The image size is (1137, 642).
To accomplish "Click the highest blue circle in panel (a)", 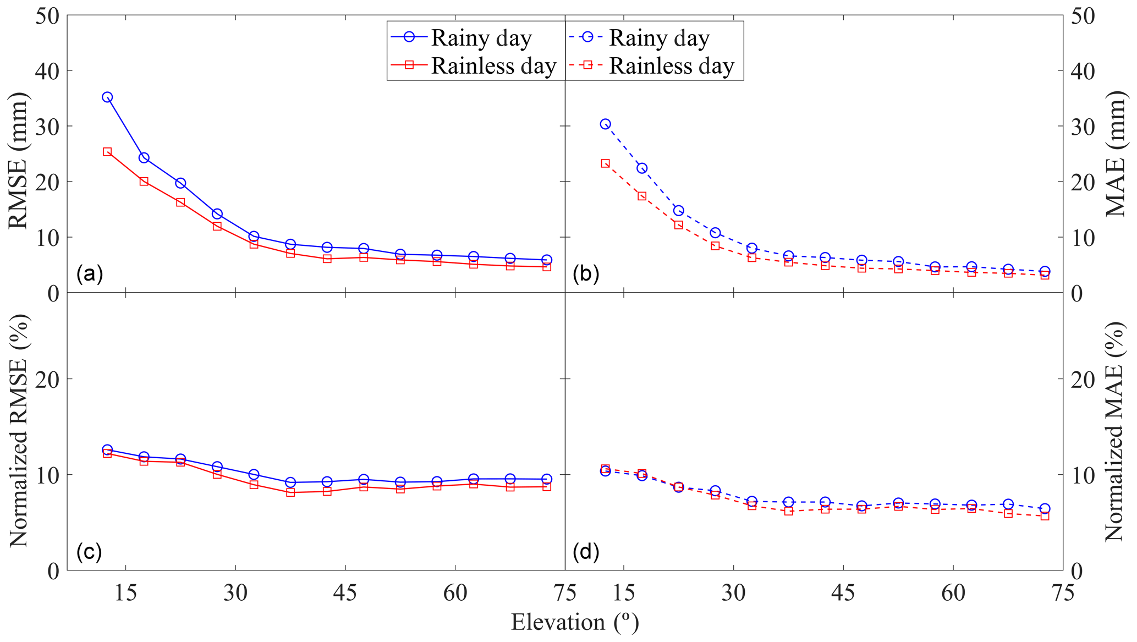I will click(x=107, y=97).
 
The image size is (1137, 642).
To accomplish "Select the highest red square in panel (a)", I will click(x=107, y=152).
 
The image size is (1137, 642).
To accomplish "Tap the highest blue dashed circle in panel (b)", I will click(x=605, y=124).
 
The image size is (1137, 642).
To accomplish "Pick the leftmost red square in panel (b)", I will click(x=605, y=163).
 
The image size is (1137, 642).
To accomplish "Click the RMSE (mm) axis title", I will click(x=18, y=161).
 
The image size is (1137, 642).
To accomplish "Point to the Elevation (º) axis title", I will click(x=575, y=622).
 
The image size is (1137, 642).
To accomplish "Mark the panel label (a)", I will click(x=90, y=273).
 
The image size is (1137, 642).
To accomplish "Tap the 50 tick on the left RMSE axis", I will click(x=48, y=15).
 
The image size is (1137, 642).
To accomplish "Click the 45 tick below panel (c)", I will click(x=345, y=594).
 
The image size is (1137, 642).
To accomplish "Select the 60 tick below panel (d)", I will click(x=953, y=594).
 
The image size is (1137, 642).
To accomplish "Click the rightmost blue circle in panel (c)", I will click(x=546, y=479).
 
